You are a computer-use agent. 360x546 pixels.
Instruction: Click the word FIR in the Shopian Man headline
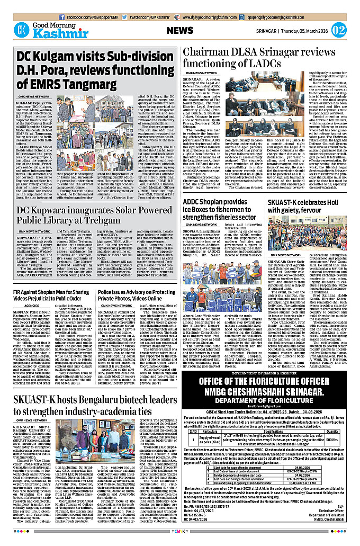coord(20,292)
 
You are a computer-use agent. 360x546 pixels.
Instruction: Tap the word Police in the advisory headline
coord(108,292)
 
